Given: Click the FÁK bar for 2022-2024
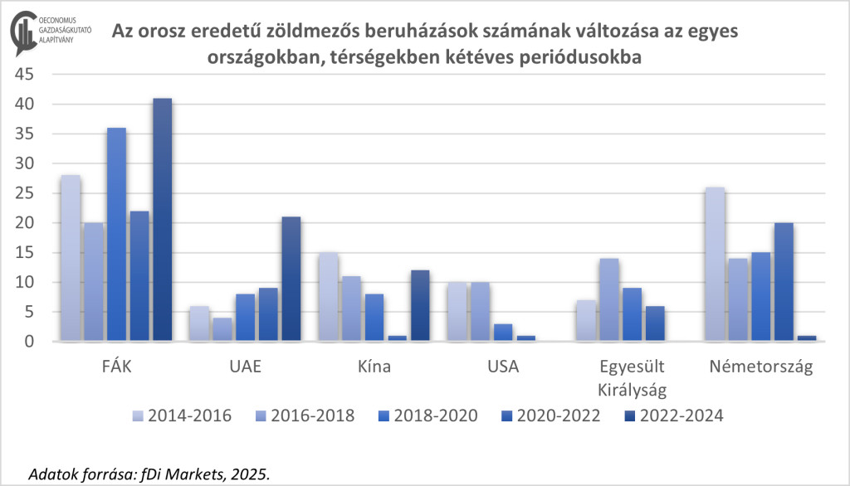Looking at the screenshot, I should tap(162, 220).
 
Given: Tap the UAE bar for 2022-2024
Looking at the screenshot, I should tap(291, 279).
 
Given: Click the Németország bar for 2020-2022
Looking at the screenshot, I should tap(784, 282).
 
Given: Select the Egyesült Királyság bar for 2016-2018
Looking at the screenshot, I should tap(609, 299).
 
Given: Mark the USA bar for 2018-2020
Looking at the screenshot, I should tap(504, 332).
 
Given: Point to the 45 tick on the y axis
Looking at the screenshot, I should tap(23, 75).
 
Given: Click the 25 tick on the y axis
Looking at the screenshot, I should tap(23, 193).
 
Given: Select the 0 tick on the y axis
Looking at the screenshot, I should tap(28, 342).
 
